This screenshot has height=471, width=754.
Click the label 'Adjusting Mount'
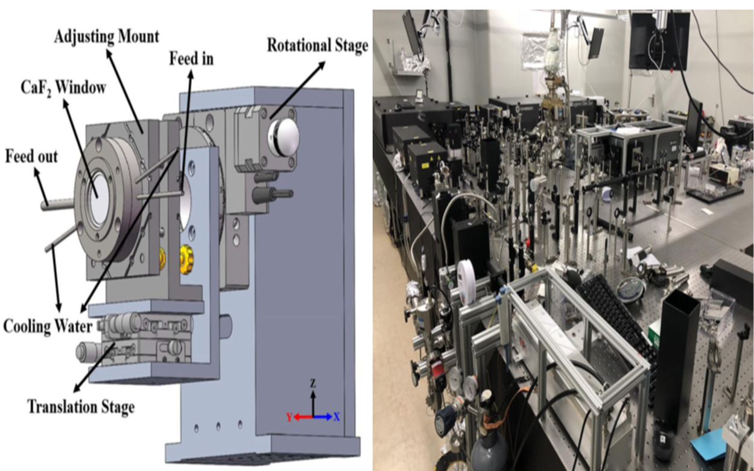coord(106,36)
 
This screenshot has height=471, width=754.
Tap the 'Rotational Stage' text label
coord(317,46)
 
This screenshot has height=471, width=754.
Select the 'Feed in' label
coord(191,58)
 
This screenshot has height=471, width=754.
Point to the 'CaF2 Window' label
coord(62,87)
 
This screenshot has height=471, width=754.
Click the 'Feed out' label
coord(31,157)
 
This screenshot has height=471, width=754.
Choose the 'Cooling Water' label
coord(48,326)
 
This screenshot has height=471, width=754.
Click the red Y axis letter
coord(290,417)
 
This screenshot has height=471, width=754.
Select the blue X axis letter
coord(336,417)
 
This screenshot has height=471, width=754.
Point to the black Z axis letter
coord(313,384)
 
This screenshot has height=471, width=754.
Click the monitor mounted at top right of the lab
coord(659,39)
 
